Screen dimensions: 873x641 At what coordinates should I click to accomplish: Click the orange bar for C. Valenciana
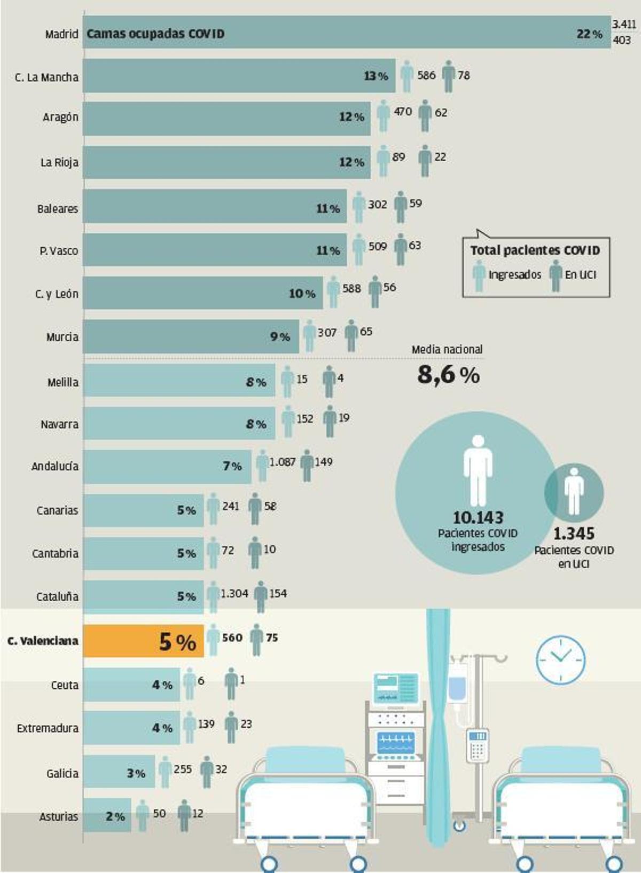coord(143,641)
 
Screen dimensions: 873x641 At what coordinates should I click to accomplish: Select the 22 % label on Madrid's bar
coord(589,34)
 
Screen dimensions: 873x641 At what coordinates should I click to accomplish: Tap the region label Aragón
coord(60,117)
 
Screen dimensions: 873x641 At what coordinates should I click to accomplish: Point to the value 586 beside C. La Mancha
coord(426,75)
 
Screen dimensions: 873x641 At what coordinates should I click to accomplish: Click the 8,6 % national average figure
coord(449,375)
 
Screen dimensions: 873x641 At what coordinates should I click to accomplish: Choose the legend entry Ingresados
coord(514,275)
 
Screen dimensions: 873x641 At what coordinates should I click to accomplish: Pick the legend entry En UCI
coord(580,275)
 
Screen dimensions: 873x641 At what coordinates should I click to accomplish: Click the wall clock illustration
coord(560,660)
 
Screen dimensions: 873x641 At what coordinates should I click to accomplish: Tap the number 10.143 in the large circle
coord(478,517)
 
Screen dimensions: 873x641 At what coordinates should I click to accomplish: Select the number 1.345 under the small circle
coord(574,533)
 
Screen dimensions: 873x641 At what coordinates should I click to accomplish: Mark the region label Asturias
coord(59,816)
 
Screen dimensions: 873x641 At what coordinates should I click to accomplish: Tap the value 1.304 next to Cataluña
coord(234,593)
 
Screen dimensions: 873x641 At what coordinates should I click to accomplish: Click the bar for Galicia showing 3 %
coord(119,772)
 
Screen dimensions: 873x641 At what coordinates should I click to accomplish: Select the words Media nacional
coord(447,349)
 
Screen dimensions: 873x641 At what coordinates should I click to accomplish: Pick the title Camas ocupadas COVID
coord(155,34)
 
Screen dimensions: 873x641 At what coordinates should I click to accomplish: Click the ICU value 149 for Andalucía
coord(324,462)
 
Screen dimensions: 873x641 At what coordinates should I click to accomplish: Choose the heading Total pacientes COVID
coord(535,250)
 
